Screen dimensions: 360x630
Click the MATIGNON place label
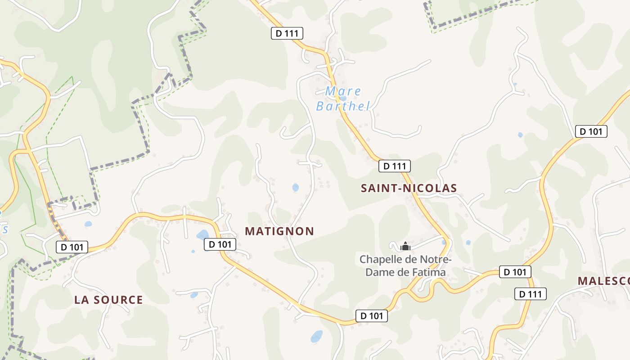pos(279,231)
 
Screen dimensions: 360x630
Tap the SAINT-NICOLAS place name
pos(409,188)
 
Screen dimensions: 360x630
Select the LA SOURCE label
pos(108,300)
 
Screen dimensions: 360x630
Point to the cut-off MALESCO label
pos(603,281)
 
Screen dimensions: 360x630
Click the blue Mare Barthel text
pos(343,99)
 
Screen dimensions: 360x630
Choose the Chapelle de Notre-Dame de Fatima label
pos(405,266)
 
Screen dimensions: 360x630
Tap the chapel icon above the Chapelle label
pos(405,246)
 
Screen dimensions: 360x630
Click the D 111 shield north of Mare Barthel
pos(287,33)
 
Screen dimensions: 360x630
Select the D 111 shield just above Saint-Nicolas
pos(395,166)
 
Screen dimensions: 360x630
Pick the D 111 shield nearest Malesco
pos(531,294)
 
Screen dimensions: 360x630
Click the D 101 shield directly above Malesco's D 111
pos(515,272)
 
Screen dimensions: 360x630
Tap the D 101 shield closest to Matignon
pos(220,244)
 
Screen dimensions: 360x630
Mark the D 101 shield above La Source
pos(72,247)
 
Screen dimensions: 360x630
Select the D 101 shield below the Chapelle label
pos(372,316)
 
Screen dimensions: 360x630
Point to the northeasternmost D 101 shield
pos(591,131)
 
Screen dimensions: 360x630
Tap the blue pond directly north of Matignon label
pos(295,187)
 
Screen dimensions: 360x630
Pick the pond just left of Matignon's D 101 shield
pos(202,234)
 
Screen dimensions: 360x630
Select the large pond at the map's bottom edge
pos(317,336)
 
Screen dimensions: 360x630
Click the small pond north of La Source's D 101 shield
pos(88,224)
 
